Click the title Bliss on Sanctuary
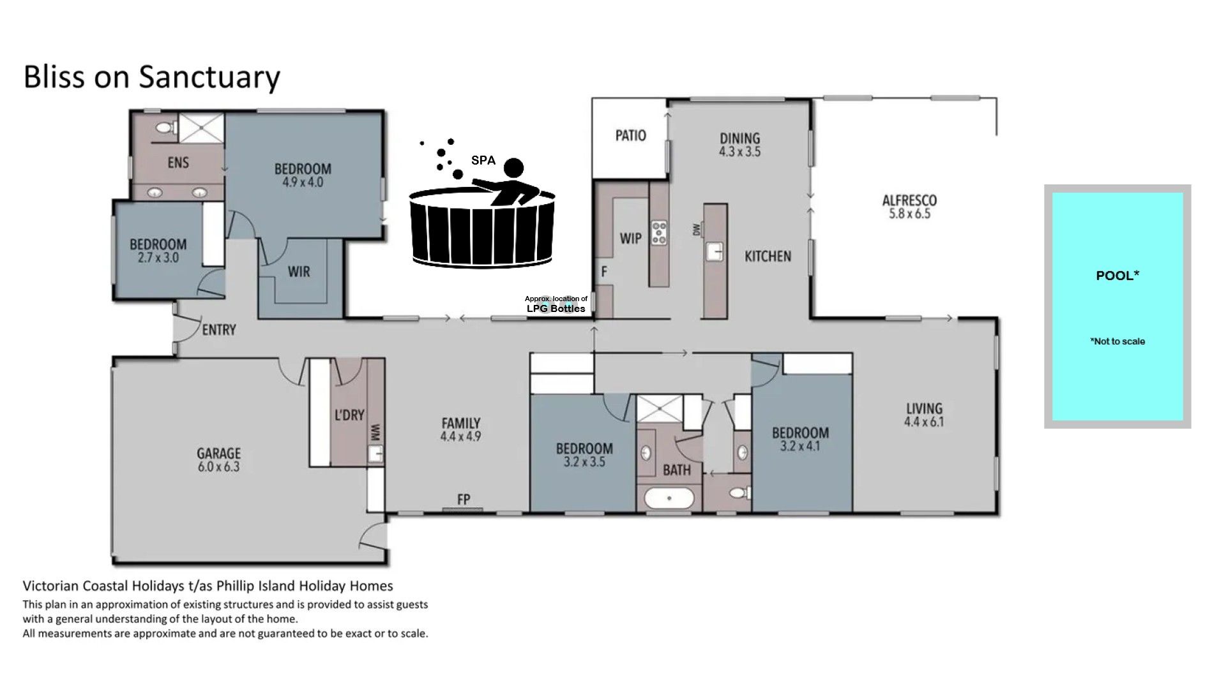[x=151, y=77]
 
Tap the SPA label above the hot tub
[x=483, y=160]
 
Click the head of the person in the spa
[x=513, y=168]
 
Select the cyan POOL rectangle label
[x=1117, y=276]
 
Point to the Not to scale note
[x=1117, y=341]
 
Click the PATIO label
[x=630, y=135]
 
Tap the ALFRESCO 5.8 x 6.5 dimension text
[x=909, y=214]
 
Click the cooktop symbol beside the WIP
[x=659, y=233]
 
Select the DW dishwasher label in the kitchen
[x=697, y=230]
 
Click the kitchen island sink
[x=715, y=251]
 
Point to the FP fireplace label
[x=464, y=499]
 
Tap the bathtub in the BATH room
[x=669, y=498]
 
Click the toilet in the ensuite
[x=165, y=128]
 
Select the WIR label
[x=299, y=272]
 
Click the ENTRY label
[x=219, y=330]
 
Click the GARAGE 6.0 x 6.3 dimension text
[x=218, y=467]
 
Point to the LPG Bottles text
[x=556, y=309]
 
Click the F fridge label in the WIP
[x=603, y=272]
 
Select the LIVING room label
[x=924, y=408]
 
